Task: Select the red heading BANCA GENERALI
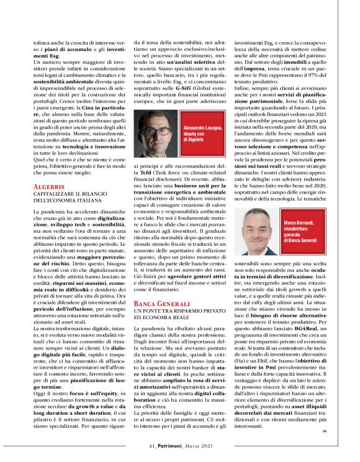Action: [160, 302]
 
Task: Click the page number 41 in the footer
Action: [151, 445]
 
